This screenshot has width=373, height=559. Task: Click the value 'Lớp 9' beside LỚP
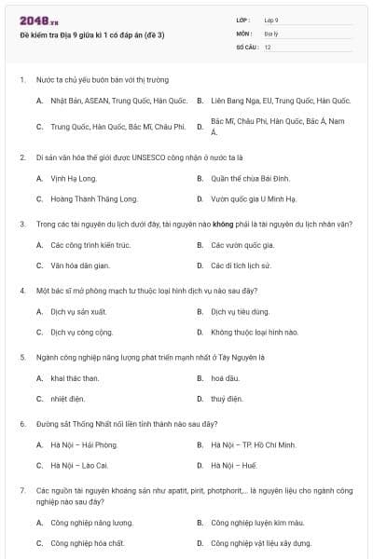[x=271, y=20]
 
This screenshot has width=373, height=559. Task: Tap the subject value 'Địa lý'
[x=270, y=33]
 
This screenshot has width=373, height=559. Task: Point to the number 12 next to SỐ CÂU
[x=268, y=46]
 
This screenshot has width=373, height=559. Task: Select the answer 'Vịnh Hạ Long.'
[x=74, y=178]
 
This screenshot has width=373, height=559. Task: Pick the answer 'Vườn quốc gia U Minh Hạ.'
[x=253, y=198]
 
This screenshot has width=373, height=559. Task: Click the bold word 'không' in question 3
[x=221, y=225]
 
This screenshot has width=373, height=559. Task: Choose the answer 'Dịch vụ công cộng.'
[x=82, y=332]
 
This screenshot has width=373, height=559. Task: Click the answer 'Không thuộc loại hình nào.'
[x=254, y=332]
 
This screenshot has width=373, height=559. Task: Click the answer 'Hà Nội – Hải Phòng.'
[x=84, y=445]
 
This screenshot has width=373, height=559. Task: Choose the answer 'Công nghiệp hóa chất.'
[x=88, y=542]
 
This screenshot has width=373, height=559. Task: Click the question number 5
[x=22, y=357]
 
